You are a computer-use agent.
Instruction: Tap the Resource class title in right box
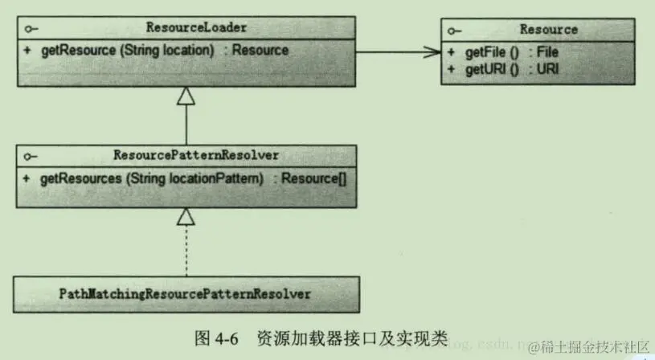(x=548, y=30)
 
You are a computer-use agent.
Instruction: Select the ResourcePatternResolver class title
(x=186, y=156)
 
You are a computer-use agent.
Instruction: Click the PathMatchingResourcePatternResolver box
(x=186, y=294)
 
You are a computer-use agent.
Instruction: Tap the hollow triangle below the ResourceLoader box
(x=186, y=97)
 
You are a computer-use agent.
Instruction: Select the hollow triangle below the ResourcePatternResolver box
(x=186, y=216)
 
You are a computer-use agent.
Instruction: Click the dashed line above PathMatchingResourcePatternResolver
(x=186, y=251)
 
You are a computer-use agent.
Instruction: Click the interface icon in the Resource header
(x=455, y=30)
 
